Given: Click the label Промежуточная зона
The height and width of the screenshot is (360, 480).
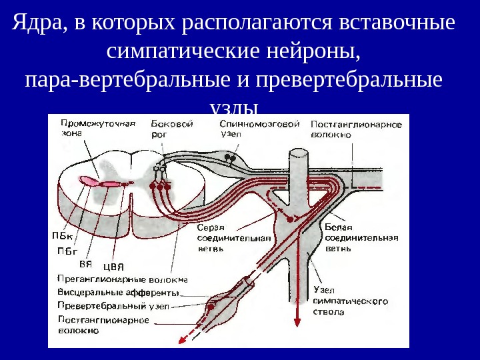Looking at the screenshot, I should pos(89,127).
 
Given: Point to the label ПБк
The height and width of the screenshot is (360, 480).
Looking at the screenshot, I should pos(63,235).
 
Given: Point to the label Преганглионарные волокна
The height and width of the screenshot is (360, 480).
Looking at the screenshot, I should pos(123,280).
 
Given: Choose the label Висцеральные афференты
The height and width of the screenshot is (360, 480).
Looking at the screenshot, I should pos(118,293).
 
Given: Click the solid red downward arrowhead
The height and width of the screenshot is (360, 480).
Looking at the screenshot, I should pos(297,322).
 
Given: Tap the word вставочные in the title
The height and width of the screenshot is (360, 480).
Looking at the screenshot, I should pos(397,24).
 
